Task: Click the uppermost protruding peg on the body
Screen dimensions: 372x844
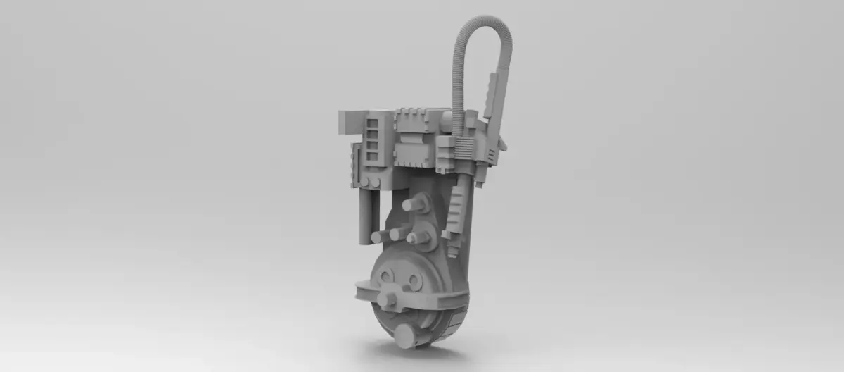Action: tap(416, 204)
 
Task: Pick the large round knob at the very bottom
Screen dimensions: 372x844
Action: tap(404, 336)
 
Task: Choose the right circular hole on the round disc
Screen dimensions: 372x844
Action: tap(414, 282)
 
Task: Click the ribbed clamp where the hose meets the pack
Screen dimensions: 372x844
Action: tap(464, 147)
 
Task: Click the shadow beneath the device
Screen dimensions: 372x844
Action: tap(415, 352)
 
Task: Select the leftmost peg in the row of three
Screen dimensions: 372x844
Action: tap(379, 237)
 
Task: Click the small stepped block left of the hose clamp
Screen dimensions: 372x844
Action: tap(445, 149)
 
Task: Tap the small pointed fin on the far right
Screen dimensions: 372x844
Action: tap(502, 144)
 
